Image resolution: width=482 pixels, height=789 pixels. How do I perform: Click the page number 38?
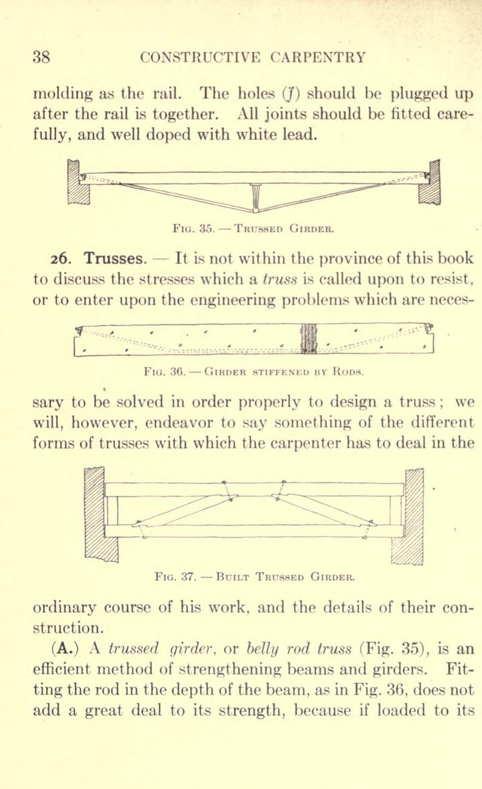pos(41,56)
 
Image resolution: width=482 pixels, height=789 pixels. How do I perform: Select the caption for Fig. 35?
pos(253,228)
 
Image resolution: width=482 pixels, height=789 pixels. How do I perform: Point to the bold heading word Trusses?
pos(116,258)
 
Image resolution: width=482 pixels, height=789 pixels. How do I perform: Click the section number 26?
pos(64,258)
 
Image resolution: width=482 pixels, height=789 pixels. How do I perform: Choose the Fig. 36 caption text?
pos(253,372)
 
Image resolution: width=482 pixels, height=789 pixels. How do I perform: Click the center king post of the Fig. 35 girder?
pos(256,198)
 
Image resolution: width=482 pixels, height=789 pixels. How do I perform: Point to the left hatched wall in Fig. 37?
pos(100,514)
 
